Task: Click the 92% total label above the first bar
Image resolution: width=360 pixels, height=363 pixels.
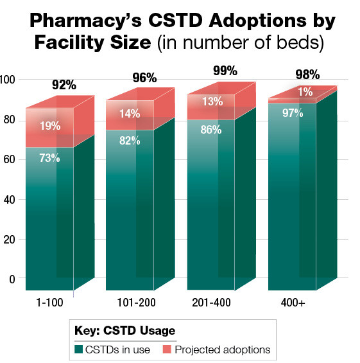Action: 64,85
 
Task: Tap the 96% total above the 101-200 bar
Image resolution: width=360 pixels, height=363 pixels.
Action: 144,78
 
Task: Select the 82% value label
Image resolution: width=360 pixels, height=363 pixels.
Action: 129,141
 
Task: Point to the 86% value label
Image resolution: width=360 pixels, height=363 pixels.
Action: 210,129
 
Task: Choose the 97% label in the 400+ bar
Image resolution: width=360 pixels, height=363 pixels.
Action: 292,113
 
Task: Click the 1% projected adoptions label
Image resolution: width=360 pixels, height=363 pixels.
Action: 305,93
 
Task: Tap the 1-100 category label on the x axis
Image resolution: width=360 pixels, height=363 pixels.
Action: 50,302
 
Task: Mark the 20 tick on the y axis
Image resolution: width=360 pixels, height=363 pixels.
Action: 7,239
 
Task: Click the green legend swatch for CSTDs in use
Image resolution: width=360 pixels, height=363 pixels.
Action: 80,350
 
